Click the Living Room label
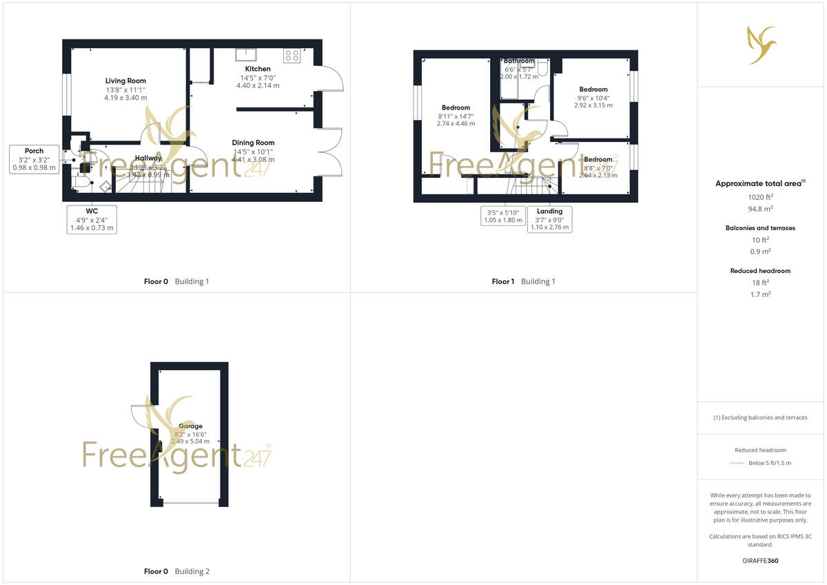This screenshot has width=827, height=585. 125,81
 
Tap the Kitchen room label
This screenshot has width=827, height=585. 258,69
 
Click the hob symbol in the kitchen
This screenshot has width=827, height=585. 291,54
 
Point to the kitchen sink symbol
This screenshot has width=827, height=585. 245,54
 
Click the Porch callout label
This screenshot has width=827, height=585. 34,151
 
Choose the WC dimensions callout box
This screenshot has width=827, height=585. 92,219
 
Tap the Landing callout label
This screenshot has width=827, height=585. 549,212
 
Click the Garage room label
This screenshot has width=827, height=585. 190,427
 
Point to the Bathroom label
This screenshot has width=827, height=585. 519,61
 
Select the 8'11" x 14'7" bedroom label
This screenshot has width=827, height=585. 456,107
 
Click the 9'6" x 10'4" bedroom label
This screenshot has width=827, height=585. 593,90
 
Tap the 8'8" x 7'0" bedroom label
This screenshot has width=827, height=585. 598,159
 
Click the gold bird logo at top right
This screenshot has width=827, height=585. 762,45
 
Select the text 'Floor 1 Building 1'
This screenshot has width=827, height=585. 523,281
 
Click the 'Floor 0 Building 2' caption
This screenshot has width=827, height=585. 176,571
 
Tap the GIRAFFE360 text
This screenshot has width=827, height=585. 761,561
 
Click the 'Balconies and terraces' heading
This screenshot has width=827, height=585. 761,228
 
